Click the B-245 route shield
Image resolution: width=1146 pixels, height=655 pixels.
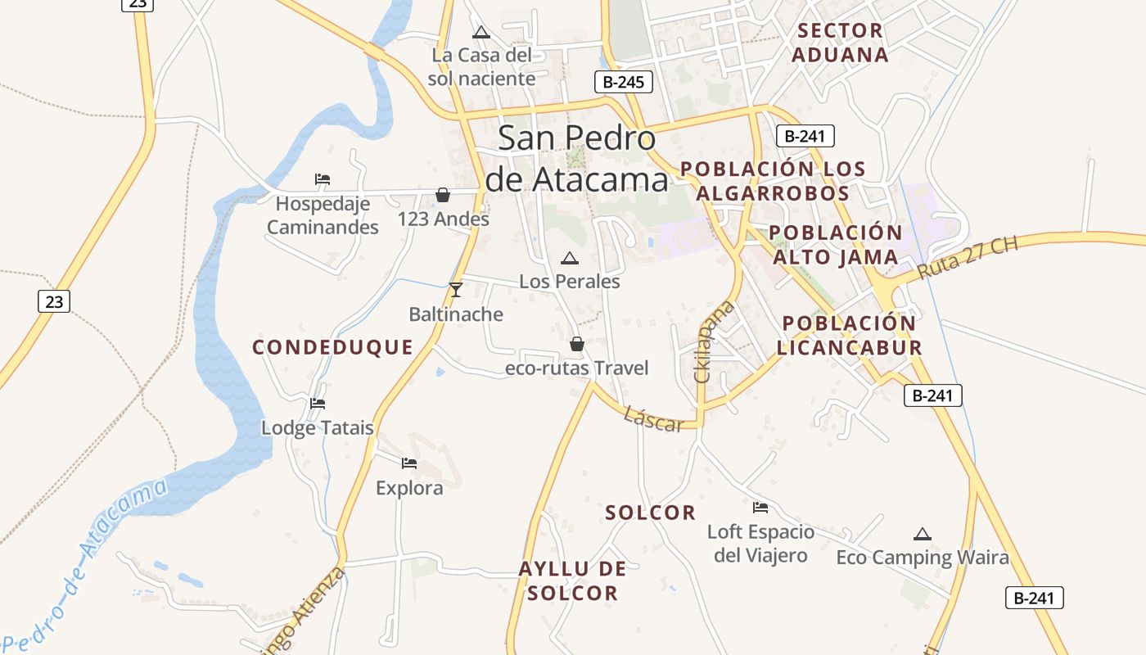click(x=624, y=81)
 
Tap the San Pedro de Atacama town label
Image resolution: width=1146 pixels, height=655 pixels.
click(x=576, y=158)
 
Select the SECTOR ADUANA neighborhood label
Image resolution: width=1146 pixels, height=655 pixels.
click(x=840, y=43)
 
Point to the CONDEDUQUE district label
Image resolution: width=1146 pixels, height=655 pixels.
click(x=332, y=347)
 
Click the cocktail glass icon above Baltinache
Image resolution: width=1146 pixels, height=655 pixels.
click(x=456, y=290)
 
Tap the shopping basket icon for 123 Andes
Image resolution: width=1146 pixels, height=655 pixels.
click(x=443, y=195)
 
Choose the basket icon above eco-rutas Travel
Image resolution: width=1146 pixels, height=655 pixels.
click(x=577, y=344)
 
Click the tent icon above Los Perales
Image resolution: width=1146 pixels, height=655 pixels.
click(x=570, y=259)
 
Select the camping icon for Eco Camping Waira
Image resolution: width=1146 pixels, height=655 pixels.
click(x=923, y=535)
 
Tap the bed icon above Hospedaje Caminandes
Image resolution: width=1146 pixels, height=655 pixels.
click(x=323, y=179)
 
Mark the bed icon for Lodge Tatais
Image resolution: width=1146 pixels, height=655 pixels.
click(x=318, y=404)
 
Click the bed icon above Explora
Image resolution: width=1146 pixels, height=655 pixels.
click(x=409, y=464)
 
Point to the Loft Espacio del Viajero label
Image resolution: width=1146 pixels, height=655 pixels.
click(x=760, y=544)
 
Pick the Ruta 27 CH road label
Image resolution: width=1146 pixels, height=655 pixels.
click(x=968, y=258)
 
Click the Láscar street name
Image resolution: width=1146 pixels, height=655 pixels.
click(x=653, y=418)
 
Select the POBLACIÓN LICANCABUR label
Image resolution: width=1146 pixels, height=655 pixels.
click(x=849, y=335)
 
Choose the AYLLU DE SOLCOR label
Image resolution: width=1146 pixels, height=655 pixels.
click(x=572, y=580)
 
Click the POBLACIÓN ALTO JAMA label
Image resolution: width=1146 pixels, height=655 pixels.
click(x=835, y=245)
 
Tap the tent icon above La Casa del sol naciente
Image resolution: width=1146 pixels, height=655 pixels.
click(x=481, y=33)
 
